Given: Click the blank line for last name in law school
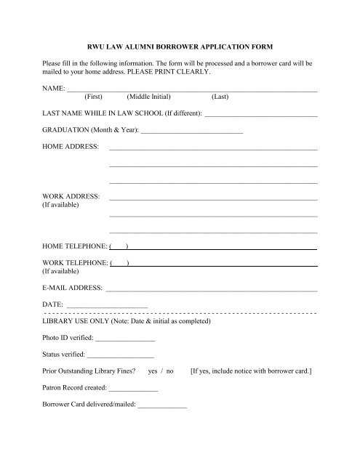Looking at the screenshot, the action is pos(261,116).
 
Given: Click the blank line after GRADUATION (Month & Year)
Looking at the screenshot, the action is pos(192,132).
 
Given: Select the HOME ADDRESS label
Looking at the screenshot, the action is pos(71,147).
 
